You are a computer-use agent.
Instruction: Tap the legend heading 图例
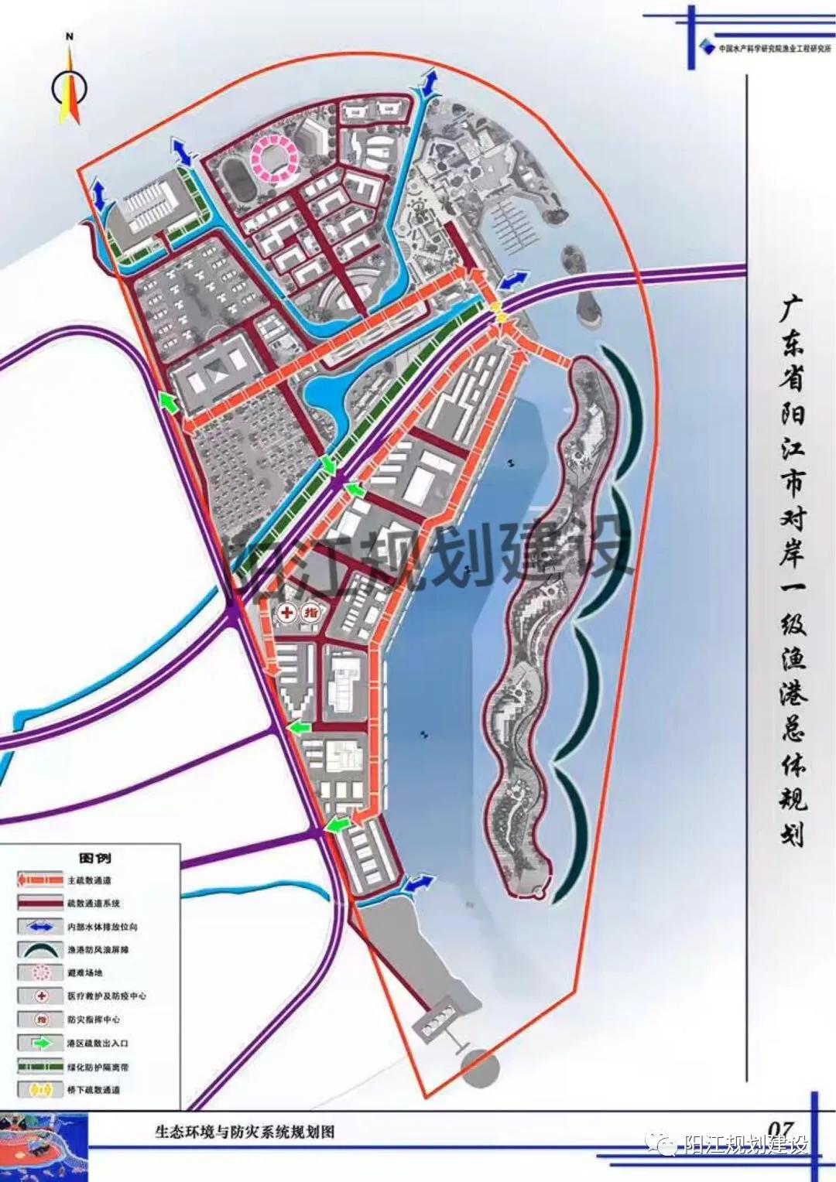[x=95, y=858]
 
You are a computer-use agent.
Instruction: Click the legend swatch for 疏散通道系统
[x=40, y=904]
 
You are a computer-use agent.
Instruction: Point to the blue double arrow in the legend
[x=40, y=927]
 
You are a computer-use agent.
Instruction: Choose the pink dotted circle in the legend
[x=40, y=973]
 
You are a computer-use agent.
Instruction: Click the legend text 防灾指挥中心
[x=94, y=1020]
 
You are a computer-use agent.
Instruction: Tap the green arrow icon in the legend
[x=41, y=1043]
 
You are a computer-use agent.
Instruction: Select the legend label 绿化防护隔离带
[x=98, y=1067]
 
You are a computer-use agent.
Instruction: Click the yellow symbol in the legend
[x=40, y=1090]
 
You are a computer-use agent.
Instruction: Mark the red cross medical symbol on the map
[x=286, y=613]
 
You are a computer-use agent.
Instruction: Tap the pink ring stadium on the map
[x=273, y=156]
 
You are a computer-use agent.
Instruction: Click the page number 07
[x=783, y=1130]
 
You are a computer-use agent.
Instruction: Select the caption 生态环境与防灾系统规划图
[x=245, y=1132]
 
